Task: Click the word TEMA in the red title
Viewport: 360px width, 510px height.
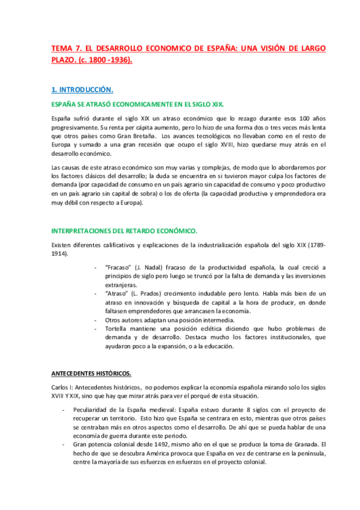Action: tap(61, 49)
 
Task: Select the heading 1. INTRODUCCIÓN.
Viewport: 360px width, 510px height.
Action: tap(82, 90)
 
